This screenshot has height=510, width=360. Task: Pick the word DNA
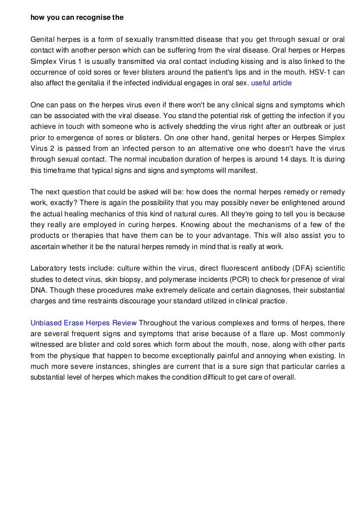point(39,291)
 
